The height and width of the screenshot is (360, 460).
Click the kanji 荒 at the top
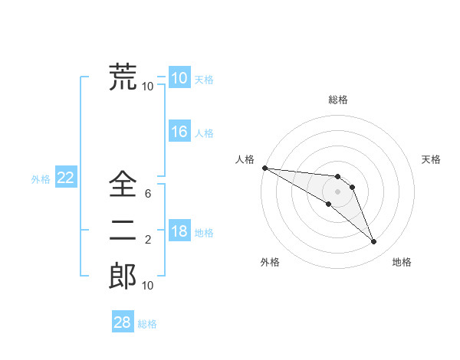[123, 77]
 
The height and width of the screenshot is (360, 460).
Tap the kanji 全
[123, 184]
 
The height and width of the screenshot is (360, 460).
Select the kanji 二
[123, 230]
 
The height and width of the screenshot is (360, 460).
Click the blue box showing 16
[179, 132]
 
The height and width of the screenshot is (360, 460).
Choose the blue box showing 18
[179, 232]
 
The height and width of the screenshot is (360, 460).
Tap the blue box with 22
[65, 178]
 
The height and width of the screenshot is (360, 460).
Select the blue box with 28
[122, 322]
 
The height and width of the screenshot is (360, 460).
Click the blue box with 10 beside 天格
[179, 78]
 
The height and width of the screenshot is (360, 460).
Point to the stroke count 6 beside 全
[147, 194]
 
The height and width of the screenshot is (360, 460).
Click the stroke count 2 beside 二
[147, 241]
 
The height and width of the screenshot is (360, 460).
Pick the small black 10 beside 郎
[147, 286]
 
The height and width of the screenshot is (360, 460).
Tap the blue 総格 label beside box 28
[147, 324]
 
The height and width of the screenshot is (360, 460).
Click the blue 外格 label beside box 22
[41, 179]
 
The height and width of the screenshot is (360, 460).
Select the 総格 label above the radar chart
[338, 100]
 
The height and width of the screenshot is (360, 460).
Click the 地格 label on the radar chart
[402, 262]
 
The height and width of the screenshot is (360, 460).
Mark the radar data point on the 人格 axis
[264, 167]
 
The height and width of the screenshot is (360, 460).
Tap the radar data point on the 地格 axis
[373, 242]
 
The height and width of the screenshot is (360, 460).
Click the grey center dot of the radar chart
[338, 191]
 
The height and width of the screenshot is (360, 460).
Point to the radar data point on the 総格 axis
[338, 177]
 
